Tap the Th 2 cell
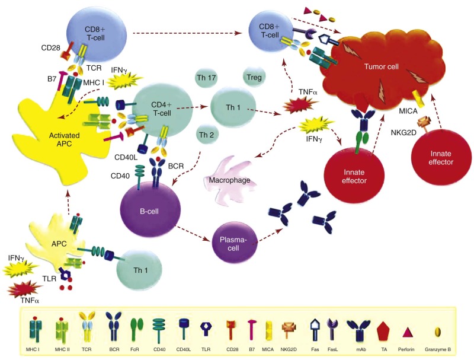[x=207, y=134]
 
